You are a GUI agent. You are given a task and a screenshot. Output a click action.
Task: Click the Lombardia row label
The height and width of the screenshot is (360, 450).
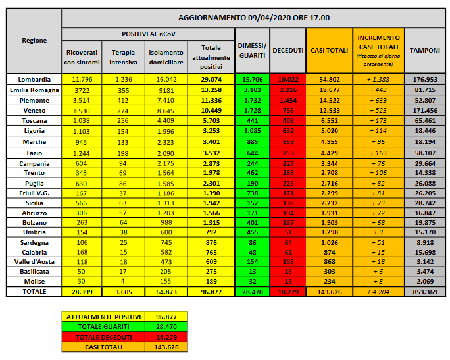point(34,79)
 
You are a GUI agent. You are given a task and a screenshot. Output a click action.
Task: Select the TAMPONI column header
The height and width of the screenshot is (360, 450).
point(425,50)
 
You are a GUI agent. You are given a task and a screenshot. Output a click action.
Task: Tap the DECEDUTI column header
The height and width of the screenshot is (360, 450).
point(287,50)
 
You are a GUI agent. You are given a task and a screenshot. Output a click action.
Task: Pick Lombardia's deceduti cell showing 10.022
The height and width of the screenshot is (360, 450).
point(287,79)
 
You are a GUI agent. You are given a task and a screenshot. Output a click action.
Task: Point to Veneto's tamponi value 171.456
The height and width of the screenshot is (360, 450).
point(425,111)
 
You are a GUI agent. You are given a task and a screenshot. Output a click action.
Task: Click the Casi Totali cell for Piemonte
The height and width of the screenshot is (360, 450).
point(329,100)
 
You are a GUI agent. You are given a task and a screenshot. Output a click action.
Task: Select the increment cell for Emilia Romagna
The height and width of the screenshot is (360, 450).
point(379,90)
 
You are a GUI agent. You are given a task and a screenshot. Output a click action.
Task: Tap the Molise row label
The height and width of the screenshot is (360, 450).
point(34,280)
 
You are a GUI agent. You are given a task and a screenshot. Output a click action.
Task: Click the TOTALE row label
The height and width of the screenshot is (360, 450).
point(34,291)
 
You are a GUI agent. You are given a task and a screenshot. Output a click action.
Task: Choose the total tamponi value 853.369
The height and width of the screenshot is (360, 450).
point(425,291)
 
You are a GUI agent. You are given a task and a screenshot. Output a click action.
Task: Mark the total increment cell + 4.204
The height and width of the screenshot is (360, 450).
point(379,291)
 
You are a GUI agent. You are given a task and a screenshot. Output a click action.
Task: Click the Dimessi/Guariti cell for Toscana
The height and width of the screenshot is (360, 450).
point(251,121)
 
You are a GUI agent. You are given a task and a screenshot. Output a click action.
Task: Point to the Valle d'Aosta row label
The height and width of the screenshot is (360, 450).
point(34,259)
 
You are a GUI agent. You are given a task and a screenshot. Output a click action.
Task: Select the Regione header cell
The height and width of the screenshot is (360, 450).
point(34,41)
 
